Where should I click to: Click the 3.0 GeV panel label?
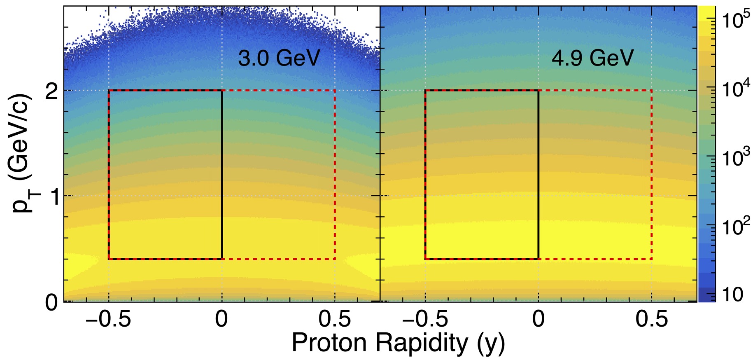[279, 58]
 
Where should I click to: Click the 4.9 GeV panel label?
[592, 58]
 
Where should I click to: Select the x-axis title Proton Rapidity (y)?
[398, 343]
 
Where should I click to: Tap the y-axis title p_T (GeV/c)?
[21, 152]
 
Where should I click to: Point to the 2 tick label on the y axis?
[51, 91]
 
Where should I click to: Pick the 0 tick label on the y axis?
[51, 302]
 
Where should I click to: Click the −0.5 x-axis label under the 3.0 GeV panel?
[109, 319]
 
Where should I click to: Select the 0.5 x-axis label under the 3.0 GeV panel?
[335, 319]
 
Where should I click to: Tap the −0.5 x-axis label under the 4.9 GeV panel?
[425, 319]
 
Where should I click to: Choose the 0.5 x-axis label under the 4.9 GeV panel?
[652, 319]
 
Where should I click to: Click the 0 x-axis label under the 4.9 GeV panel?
[539, 319]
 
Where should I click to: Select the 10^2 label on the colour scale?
[734, 225]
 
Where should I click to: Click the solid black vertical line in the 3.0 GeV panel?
[222, 173]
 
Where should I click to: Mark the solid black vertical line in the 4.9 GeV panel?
[539, 173]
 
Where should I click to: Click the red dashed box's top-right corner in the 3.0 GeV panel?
[335, 90]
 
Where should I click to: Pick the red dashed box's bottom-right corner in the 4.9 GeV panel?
[652, 259]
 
